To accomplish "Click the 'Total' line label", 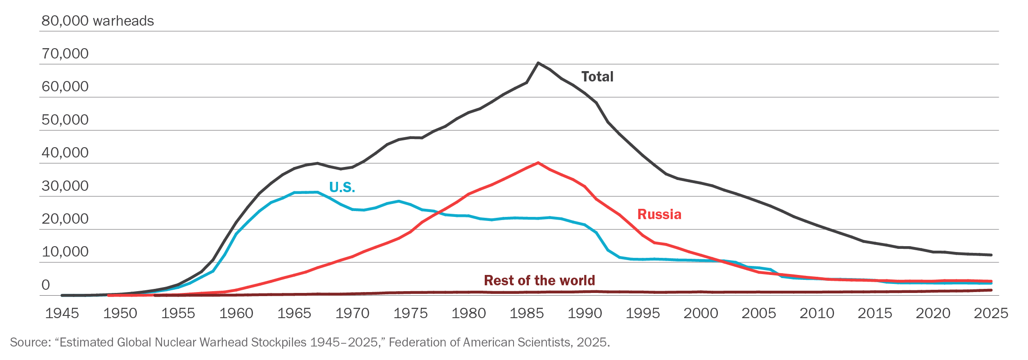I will (x=597, y=76).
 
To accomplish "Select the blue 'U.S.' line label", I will (x=342, y=187).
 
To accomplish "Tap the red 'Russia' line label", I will (x=659, y=214).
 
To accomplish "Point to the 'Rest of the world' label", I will (x=539, y=280).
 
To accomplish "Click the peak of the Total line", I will (x=538, y=63).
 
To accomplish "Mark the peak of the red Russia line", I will (x=538, y=162).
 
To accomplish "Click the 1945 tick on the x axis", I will (x=62, y=313).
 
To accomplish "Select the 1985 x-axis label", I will (x=527, y=313).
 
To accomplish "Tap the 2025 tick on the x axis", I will (x=991, y=313).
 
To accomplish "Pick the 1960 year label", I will (x=236, y=313).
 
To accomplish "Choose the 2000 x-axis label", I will (x=701, y=313).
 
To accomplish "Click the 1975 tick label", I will (x=410, y=313).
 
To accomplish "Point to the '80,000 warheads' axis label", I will (x=97, y=21).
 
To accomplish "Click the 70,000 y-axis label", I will (x=65, y=54).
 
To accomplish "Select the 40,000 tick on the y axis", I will (x=65, y=153).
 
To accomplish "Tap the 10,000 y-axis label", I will (x=65, y=252).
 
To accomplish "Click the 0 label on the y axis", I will (x=45, y=285).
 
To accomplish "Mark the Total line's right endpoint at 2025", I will (x=991, y=255).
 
